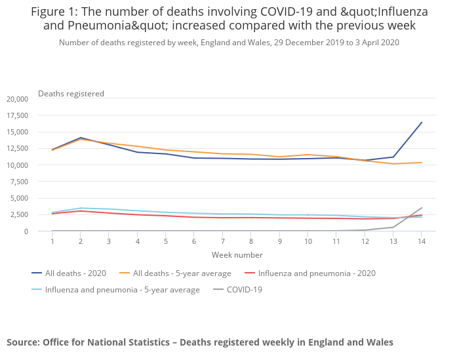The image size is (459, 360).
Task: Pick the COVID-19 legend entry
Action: point(243,289)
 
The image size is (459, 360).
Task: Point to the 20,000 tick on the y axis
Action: point(17,99)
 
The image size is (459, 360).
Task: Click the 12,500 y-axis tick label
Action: point(17,149)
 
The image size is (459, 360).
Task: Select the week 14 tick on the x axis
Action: point(422,241)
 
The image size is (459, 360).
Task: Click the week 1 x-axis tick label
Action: point(52,241)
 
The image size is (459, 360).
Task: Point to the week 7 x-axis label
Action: point(223,241)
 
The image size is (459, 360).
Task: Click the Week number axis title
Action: point(237,254)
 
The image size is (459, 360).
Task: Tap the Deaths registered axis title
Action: point(71,94)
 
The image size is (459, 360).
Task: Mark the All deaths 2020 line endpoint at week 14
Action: point(422,122)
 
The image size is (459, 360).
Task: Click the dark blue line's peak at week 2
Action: point(81,138)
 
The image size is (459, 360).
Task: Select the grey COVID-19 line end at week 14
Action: point(422,208)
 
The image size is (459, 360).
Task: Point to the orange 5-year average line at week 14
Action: point(422,163)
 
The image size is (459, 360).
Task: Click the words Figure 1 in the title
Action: point(55,12)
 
